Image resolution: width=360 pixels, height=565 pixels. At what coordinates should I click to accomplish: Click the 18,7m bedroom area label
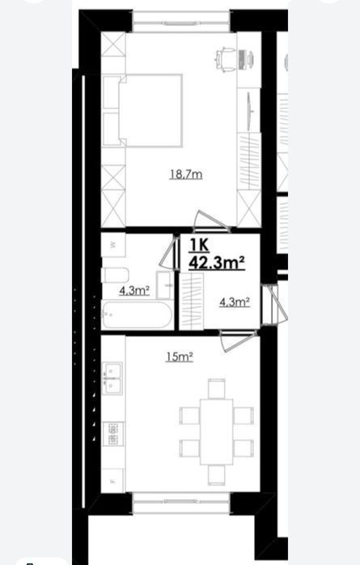(x=186, y=175)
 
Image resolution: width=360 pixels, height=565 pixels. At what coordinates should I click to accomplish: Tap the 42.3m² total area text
(x=217, y=263)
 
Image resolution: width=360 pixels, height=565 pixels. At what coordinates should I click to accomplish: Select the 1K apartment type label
(x=200, y=246)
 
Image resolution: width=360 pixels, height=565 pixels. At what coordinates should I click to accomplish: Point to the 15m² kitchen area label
(x=180, y=357)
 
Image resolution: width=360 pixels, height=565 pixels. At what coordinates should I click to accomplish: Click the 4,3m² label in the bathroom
(x=134, y=290)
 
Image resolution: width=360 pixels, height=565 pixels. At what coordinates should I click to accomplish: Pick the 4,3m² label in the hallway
(x=235, y=302)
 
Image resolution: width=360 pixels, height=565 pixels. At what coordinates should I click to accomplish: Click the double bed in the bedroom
(x=142, y=111)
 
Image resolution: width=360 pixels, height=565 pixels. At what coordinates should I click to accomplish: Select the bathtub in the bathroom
(x=137, y=315)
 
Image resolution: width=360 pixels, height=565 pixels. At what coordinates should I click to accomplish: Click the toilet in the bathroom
(x=116, y=276)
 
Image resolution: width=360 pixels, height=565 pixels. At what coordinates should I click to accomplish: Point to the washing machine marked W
(x=113, y=245)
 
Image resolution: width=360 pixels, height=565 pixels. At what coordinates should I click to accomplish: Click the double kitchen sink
(x=112, y=378)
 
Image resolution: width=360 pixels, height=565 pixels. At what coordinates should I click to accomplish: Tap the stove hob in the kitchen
(x=113, y=433)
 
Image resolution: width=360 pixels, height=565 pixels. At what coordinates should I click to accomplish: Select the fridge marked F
(x=112, y=480)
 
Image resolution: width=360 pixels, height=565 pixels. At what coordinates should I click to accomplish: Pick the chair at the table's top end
(x=217, y=389)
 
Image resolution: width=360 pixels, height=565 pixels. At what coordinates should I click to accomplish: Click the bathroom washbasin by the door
(x=163, y=285)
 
